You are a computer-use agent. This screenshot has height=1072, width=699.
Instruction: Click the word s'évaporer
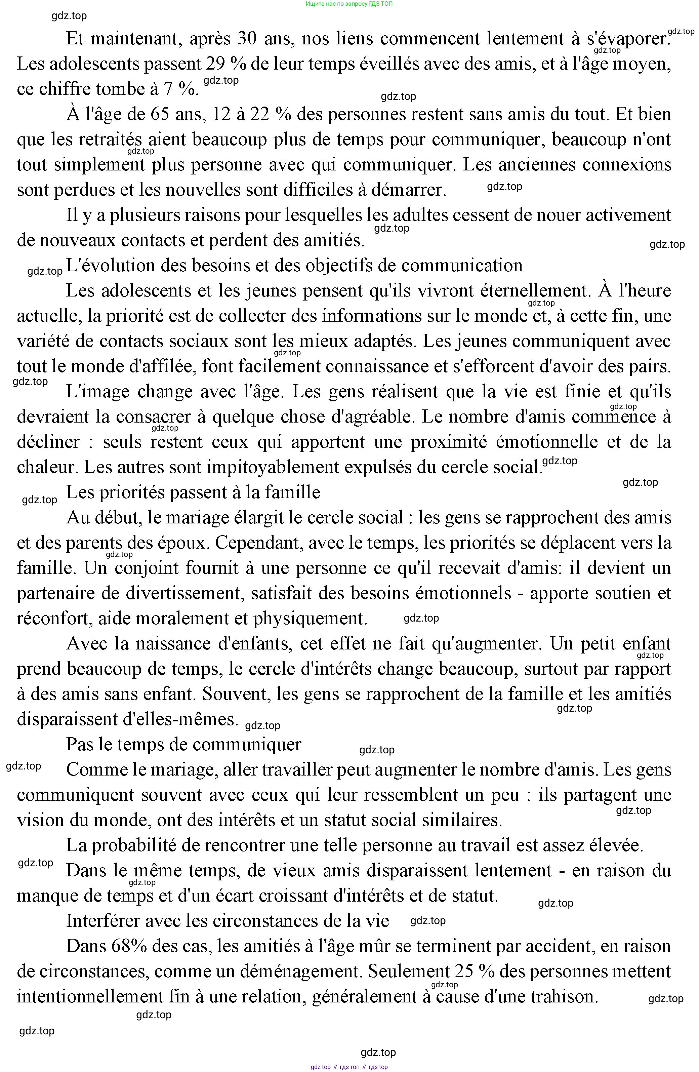click(628, 39)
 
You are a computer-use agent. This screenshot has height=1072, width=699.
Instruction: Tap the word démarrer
click(408, 190)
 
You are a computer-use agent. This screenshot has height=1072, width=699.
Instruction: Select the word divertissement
click(183, 593)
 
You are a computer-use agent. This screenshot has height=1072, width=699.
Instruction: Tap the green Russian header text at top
click(349, 4)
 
